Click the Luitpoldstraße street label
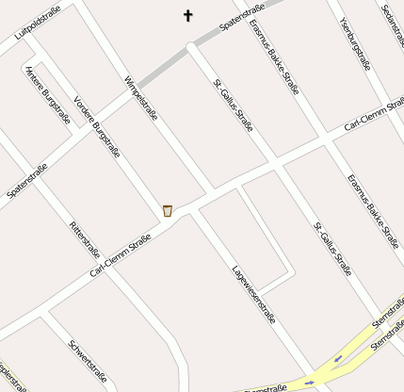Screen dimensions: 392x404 coord(38,24)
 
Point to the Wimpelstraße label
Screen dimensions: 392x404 coord(140,98)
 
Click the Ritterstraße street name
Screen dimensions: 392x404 coord(85,239)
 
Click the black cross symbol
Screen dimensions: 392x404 coord(187,15)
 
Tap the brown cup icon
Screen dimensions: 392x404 coord(167,210)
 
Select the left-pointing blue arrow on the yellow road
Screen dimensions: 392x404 coord(337,358)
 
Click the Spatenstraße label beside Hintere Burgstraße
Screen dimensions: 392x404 coord(27,181)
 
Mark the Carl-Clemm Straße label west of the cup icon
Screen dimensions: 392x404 coord(120,256)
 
